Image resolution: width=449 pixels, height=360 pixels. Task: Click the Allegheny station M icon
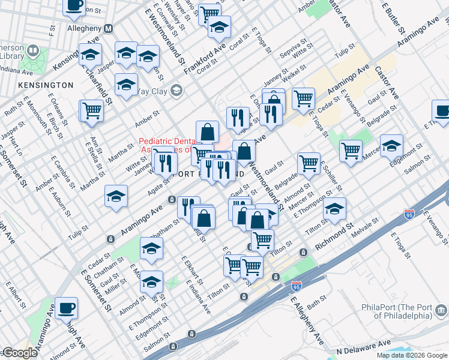(x=109, y=28)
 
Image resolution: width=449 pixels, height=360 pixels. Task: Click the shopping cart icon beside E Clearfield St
(x=92, y=111)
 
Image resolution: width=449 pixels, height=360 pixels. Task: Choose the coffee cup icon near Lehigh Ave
(x=67, y=308)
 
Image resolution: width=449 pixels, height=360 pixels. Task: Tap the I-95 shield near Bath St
(x=296, y=287)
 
